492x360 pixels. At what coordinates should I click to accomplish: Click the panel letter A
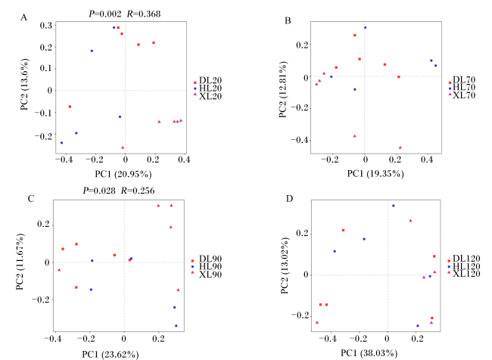[x=24, y=17]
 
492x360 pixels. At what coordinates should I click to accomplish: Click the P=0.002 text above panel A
[x=104, y=14]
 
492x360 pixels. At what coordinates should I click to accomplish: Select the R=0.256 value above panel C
[x=138, y=191]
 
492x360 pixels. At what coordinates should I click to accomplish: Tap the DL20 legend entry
[x=207, y=81]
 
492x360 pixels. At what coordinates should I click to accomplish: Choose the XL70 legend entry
[x=462, y=95]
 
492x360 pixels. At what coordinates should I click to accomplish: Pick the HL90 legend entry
[x=207, y=266]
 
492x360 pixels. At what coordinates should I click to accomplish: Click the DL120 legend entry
[x=464, y=259]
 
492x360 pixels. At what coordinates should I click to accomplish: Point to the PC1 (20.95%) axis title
[x=123, y=174]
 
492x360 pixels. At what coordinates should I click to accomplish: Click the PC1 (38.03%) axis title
[x=369, y=353]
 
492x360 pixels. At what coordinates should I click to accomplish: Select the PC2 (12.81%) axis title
[x=283, y=89]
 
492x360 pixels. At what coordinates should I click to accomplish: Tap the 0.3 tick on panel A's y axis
[x=46, y=26]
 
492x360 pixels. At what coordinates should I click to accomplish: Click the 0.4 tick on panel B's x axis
[x=427, y=160]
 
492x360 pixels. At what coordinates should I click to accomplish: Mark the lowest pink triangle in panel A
[x=123, y=147]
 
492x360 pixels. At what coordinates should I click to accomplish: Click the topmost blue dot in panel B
[x=366, y=27]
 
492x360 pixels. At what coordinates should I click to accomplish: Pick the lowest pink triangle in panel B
[x=400, y=147]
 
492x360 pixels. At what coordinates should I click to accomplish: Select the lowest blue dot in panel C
[x=176, y=326]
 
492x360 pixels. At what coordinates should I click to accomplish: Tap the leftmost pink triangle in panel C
[x=59, y=270]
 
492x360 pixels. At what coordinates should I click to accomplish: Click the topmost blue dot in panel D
[x=393, y=206]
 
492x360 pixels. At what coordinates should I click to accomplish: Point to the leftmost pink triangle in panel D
[x=317, y=322]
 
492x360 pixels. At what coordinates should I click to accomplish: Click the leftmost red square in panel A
[x=70, y=107]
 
